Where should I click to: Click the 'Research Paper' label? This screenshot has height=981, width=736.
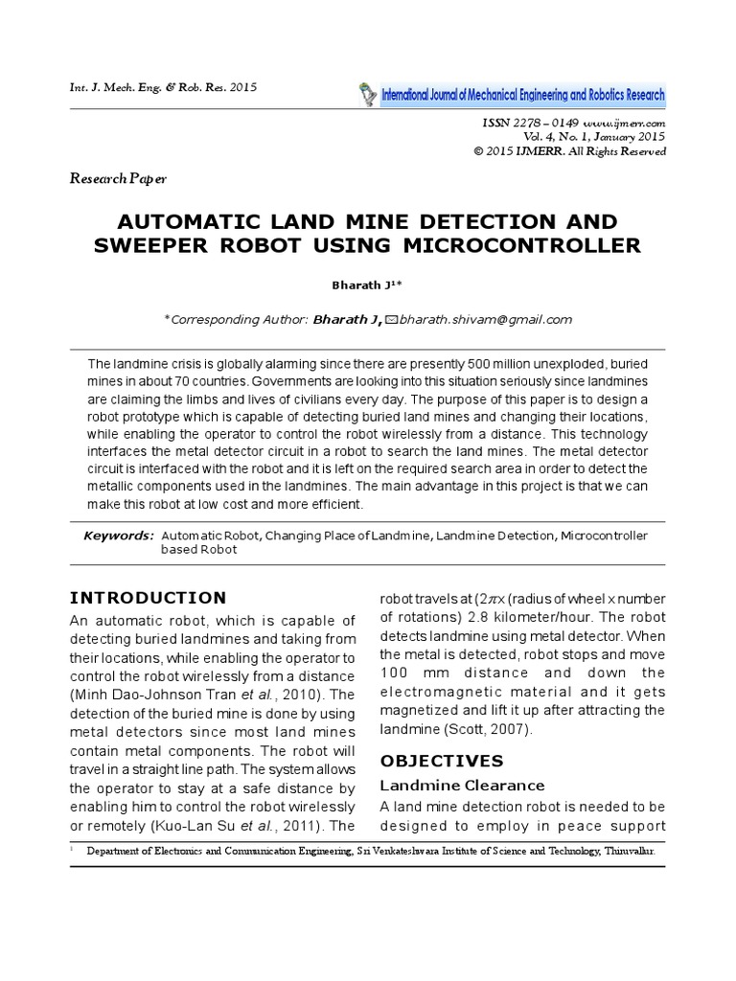[x=118, y=179]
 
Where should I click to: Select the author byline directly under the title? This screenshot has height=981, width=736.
[x=368, y=285]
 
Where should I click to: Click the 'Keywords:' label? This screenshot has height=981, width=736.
[x=118, y=535]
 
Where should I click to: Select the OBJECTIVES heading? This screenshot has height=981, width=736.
[x=442, y=762]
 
